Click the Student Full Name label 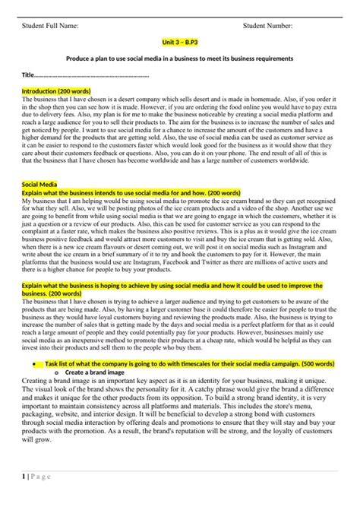(x=51, y=27)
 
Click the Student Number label (x=267, y=27)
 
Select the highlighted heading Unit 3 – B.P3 (x=178, y=45)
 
